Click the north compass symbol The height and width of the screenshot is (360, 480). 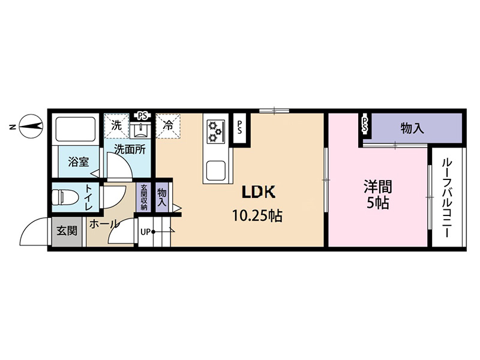[31, 126]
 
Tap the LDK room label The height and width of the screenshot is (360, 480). [259, 192]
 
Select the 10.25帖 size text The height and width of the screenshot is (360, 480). [257, 216]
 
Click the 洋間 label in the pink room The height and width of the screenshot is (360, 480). [378, 187]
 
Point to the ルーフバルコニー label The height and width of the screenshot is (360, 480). [446, 199]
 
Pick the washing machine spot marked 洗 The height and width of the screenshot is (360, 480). [116, 125]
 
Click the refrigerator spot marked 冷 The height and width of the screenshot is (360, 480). [168, 125]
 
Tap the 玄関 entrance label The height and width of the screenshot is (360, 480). [67, 231]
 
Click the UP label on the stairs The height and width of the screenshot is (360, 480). [145, 232]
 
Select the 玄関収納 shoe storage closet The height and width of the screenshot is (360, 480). [144, 197]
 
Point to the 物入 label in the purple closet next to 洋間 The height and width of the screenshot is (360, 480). [412, 128]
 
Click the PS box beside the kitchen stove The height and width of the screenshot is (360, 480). [239, 127]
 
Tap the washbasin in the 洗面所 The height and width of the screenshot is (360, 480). [140, 130]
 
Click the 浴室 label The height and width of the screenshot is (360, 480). [79, 161]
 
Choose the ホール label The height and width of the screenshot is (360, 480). [103, 224]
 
